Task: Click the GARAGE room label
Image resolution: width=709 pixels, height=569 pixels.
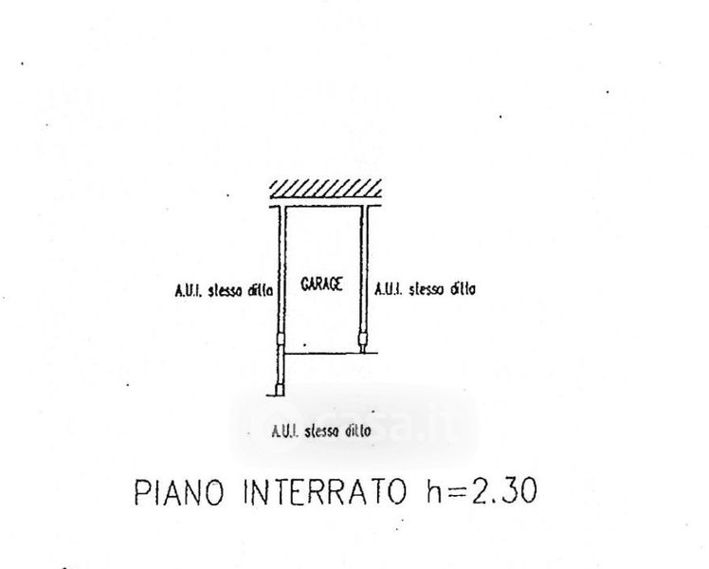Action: tap(321, 284)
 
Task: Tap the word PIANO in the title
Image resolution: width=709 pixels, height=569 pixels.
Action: tap(179, 491)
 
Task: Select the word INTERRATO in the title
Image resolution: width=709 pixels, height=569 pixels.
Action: tap(325, 491)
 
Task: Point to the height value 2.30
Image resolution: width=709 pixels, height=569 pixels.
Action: tap(504, 491)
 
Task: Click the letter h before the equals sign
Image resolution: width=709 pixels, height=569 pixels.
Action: tap(434, 490)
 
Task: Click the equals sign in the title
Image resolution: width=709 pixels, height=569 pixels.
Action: tap(458, 492)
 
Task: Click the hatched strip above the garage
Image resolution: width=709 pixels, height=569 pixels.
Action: tap(325, 189)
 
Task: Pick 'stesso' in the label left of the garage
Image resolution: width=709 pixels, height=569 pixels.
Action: tap(225, 290)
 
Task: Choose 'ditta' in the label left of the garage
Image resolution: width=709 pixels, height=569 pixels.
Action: tap(261, 290)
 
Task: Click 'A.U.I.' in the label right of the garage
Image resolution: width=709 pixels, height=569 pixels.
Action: tap(389, 289)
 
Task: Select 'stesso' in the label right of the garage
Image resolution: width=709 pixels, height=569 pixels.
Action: tap(426, 289)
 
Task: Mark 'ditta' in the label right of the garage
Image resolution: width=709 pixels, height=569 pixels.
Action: tap(463, 288)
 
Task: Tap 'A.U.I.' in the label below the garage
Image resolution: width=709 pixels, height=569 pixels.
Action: tap(285, 431)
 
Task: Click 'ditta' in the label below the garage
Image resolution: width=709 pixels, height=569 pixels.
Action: tap(358, 431)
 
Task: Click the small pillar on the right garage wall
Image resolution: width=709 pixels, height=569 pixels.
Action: tap(363, 339)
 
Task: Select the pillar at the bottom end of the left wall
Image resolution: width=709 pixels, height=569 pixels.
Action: tap(280, 390)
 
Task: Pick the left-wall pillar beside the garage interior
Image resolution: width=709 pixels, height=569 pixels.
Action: tap(281, 339)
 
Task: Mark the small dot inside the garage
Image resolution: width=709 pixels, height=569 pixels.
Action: tap(305, 344)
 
